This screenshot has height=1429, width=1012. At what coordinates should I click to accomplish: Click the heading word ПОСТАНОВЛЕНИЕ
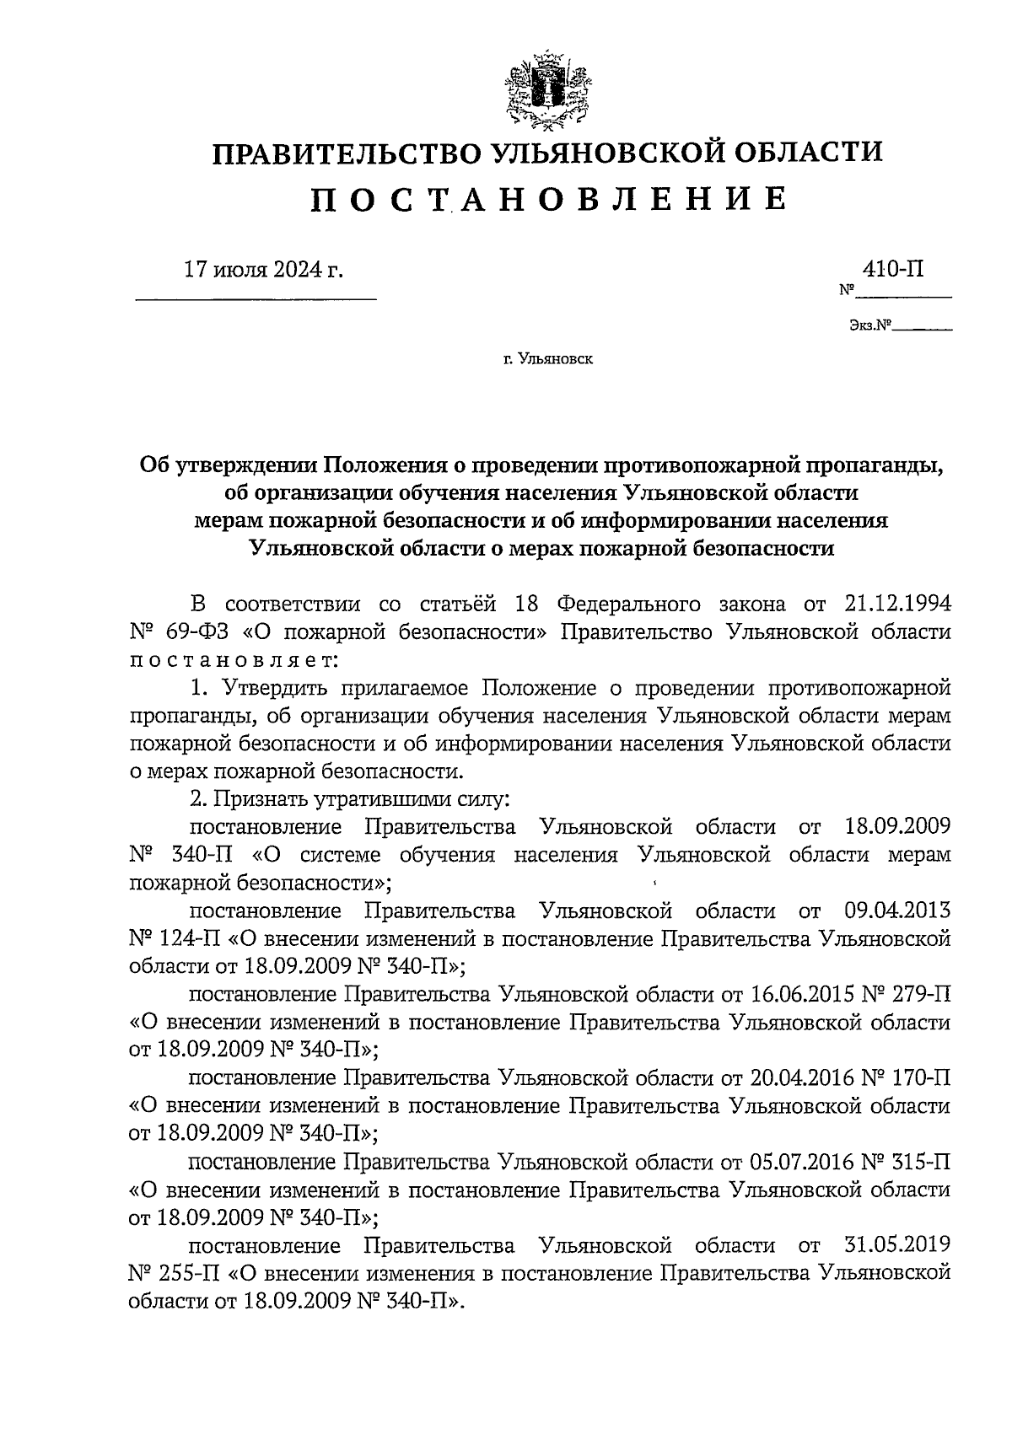pos(549,199)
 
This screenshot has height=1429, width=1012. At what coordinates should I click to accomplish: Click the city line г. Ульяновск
pos(548,360)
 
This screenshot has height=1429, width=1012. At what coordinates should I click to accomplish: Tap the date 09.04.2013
pos(896,911)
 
